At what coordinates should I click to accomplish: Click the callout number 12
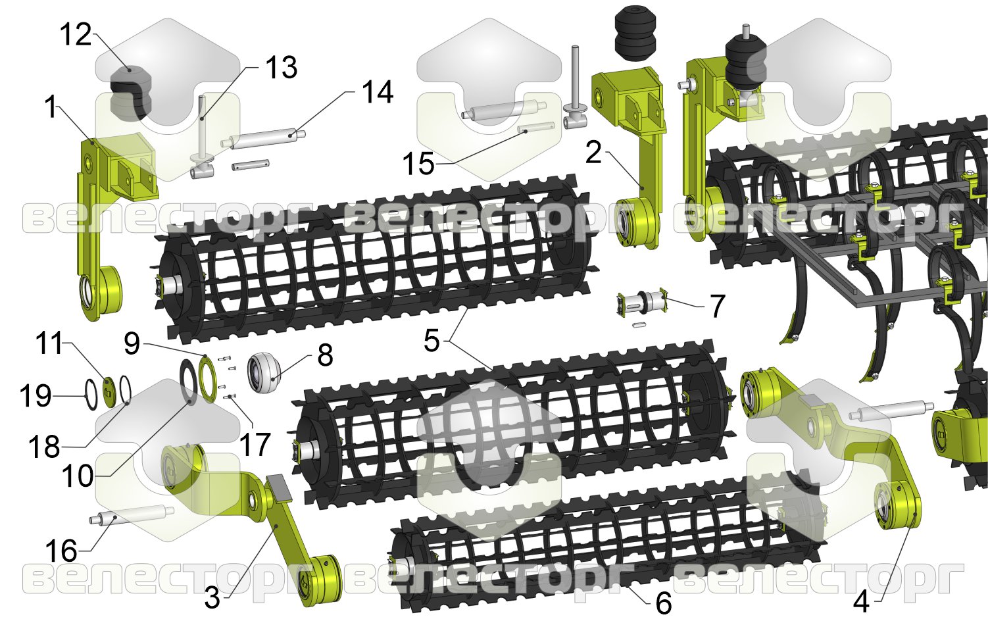coord(76,34)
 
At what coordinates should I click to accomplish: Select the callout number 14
coord(377,92)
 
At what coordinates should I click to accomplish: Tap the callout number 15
coord(418,164)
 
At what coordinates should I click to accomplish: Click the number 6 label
coord(664,603)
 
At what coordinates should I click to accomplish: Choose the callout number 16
coord(62,551)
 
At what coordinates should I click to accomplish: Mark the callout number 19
coord(36,396)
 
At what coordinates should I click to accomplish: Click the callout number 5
coord(432,341)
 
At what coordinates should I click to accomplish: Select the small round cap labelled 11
coord(109,387)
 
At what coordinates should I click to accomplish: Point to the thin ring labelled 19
coord(91,395)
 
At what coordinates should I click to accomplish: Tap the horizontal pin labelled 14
coord(263,140)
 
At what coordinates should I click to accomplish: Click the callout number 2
coord(593,153)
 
